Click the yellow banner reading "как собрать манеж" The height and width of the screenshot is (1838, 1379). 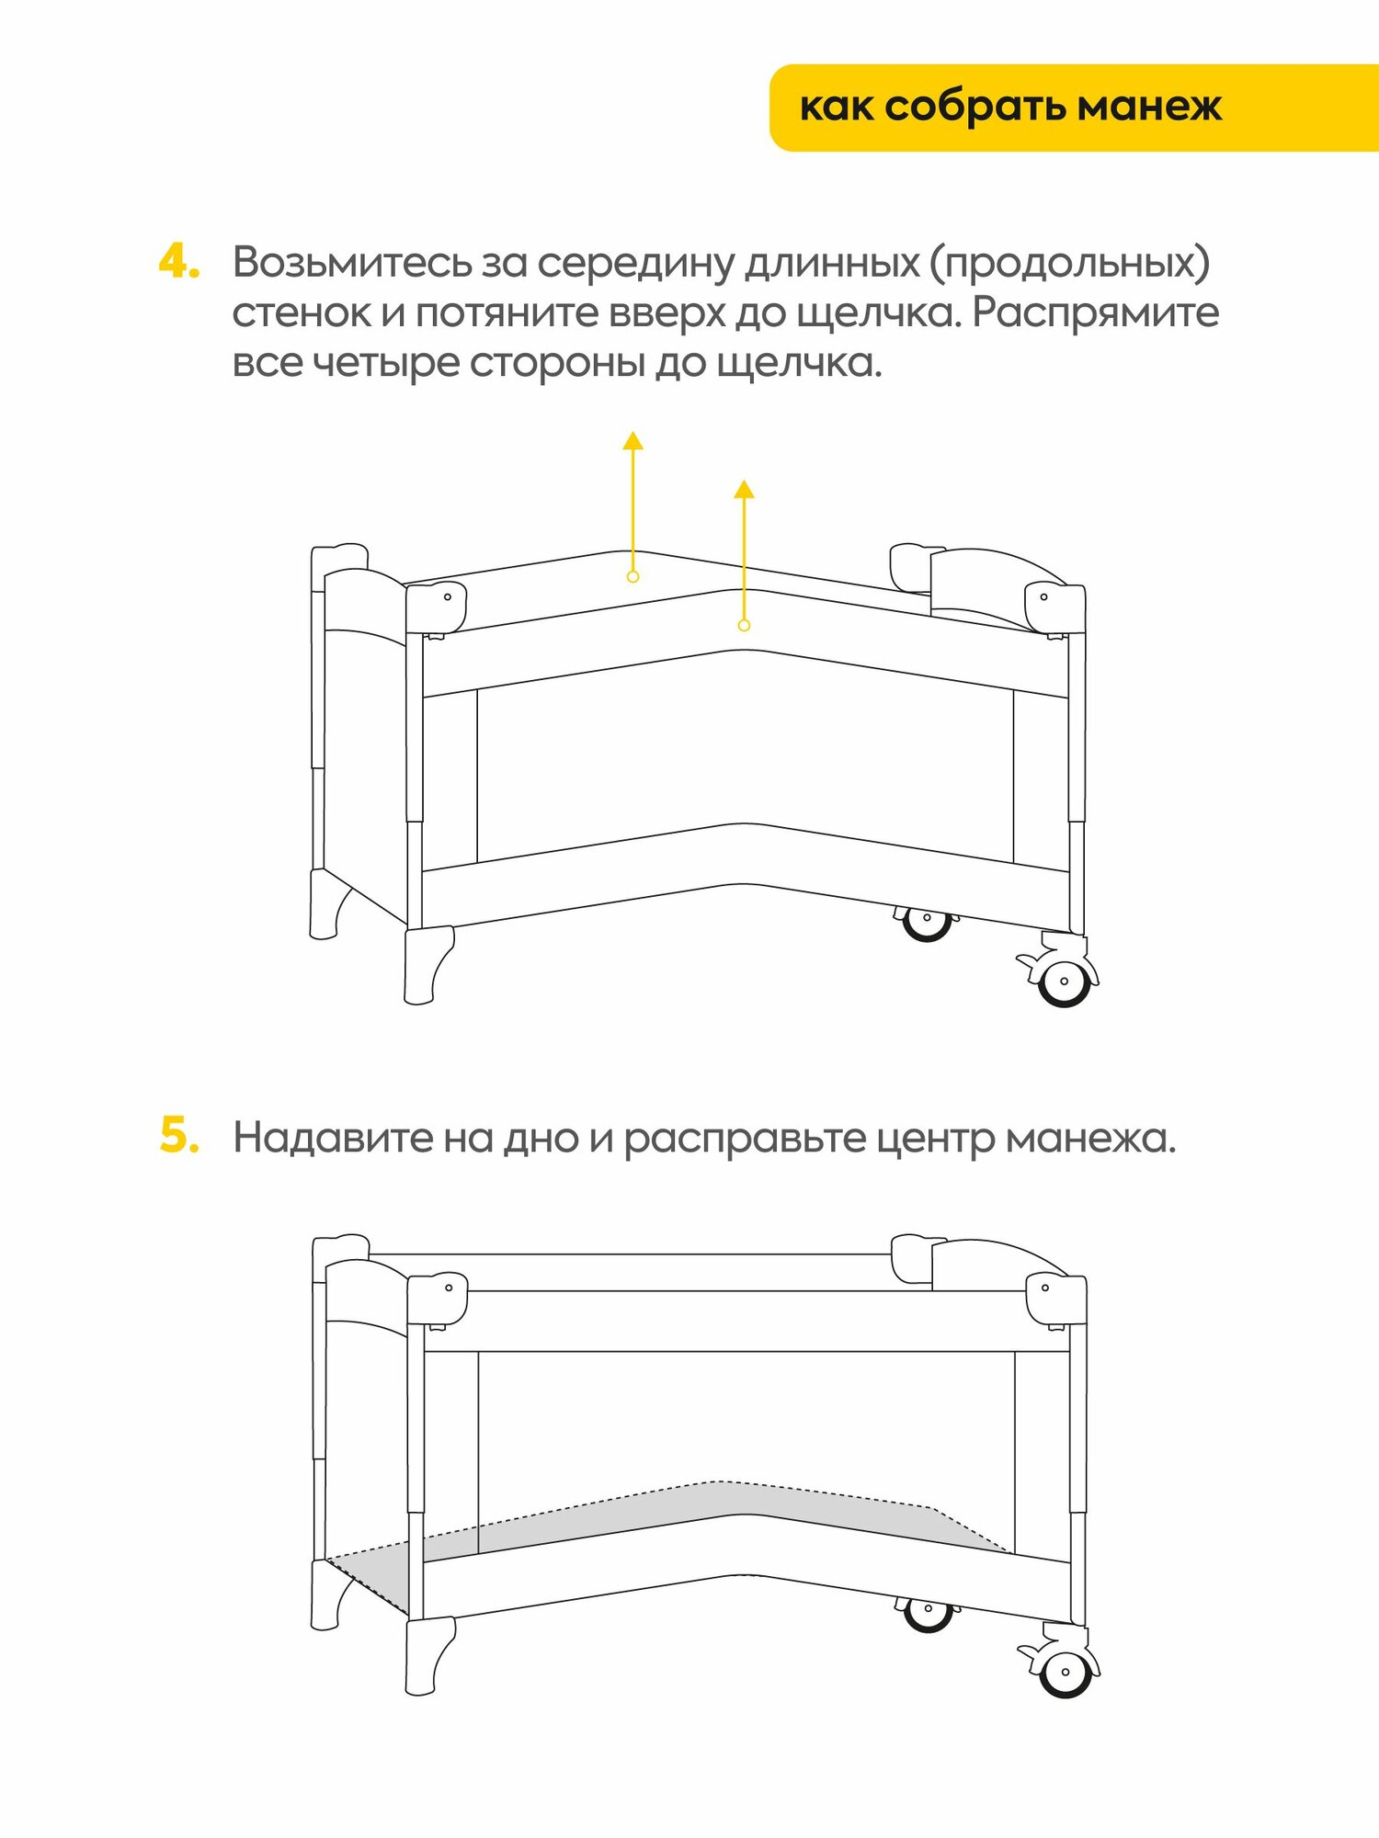[x=1011, y=108]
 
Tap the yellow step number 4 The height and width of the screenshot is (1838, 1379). [x=178, y=262]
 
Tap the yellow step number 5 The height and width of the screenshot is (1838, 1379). [x=179, y=1136]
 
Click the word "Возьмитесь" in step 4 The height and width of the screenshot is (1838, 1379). [x=352, y=264]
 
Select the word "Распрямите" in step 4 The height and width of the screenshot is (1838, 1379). [x=1095, y=313]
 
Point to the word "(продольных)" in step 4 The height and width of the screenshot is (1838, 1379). [x=1069, y=264]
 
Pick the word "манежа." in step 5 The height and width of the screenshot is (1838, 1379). [x=1090, y=1139]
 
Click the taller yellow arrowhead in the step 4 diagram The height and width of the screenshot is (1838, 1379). [x=633, y=440]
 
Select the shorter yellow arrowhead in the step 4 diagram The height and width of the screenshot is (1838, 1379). [x=744, y=489]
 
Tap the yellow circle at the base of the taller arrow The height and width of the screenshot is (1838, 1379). [x=633, y=576]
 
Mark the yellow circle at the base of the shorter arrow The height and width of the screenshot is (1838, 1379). [x=744, y=625]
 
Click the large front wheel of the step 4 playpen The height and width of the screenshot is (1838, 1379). [x=1064, y=981]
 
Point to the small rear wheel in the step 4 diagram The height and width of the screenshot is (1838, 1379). [x=926, y=921]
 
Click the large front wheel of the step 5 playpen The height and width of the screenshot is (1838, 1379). [x=1065, y=1672]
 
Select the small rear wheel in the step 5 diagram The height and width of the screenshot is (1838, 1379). [x=927, y=1612]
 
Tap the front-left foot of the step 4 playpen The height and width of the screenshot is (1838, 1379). [x=427, y=965]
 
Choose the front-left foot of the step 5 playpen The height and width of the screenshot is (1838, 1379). [x=428, y=1656]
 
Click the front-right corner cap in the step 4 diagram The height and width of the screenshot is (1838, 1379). [x=1054, y=607]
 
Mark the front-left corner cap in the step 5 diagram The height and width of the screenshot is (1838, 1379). [x=438, y=1297]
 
